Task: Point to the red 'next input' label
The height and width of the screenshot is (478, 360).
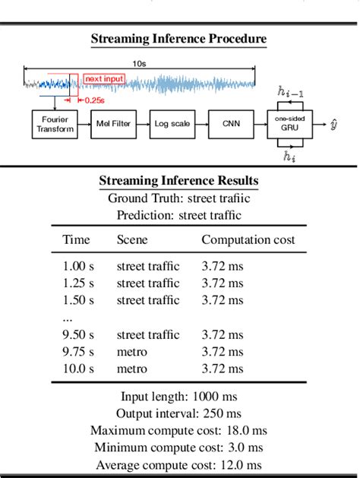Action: coord(104,78)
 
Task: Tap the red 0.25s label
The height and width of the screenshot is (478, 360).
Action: coord(95,100)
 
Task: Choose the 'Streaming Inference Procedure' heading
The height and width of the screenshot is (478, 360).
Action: coord(178,39)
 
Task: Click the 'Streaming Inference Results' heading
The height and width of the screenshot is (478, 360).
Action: coord(178,181)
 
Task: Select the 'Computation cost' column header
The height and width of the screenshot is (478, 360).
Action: coord(248,240)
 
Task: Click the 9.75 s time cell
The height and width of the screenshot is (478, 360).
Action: coord(78,352)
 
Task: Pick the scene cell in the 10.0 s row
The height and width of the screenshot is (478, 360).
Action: coord(132,369)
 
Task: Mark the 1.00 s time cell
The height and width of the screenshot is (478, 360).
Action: coord(78,266)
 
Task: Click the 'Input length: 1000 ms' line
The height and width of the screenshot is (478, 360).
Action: coord(179,396)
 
